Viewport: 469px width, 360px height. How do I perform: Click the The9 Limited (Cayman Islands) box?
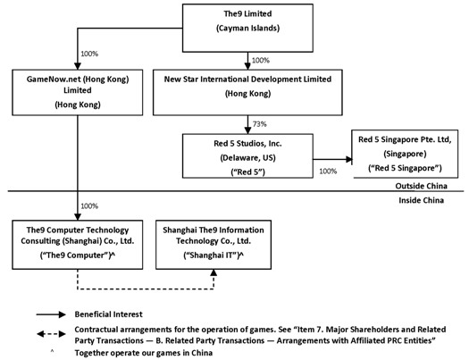(x=247, y=28)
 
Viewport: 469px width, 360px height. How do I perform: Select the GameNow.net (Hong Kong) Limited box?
(x=78, y=92)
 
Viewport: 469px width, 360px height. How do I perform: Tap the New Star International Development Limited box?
(x=247, y=92)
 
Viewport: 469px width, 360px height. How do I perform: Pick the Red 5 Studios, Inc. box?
(x=247, y=155)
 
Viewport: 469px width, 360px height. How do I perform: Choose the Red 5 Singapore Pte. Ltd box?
(x=405, y=154)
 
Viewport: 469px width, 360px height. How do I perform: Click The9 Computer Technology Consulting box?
(x=78, y=245)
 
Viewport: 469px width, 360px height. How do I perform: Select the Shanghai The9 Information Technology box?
(x=214, y=245)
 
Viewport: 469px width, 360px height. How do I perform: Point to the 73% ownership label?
(x=260, y=124)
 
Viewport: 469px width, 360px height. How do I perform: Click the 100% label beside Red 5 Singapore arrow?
(x=328, y=171)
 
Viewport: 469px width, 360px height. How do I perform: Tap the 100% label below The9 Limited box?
(x=261, y=61)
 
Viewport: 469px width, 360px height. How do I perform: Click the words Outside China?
(x=421, y=186)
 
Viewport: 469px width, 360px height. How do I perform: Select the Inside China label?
(x=421, y=200)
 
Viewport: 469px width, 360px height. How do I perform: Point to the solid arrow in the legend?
(x=51, y=314)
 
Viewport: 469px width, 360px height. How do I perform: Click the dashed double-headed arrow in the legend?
(x=51, y=334)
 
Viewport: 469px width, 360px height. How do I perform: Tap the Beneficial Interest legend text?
(x=109, y=314)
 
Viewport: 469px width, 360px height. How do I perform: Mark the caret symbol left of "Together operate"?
(x=52, y=350)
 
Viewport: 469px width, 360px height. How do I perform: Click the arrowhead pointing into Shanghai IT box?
(x=214, y=272)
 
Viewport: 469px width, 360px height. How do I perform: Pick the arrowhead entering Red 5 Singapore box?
(x=348, y=159)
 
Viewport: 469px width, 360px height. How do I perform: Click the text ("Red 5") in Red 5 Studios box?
(x=247, y=172)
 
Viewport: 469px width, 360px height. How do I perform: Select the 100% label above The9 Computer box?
(x=89, y=206)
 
